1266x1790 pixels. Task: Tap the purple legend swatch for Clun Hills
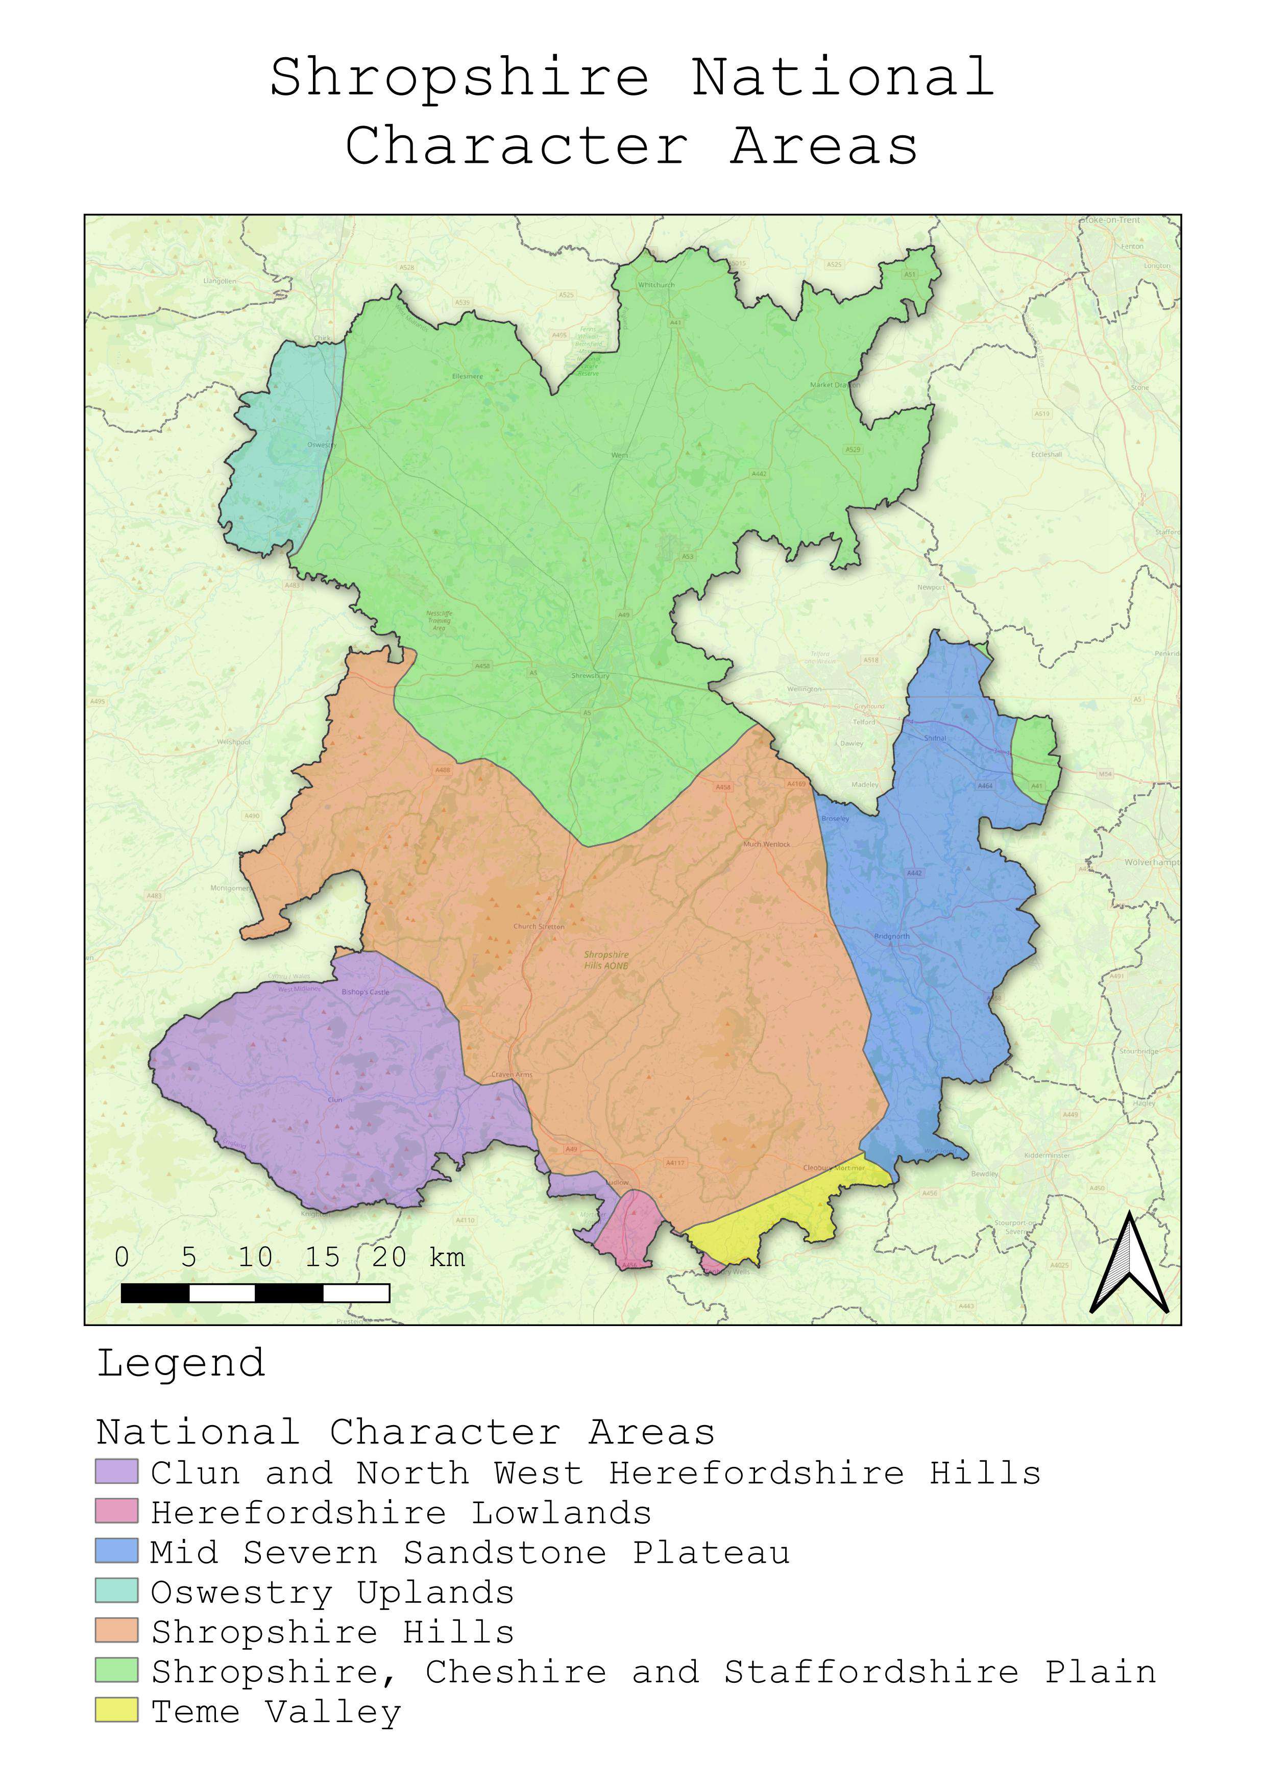(116, 1472)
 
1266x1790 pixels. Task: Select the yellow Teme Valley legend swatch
(116, 1710)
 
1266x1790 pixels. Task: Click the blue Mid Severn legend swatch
(116, 1552)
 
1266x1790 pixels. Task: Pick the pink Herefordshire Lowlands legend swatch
(116, 1512)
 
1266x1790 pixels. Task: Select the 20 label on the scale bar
(389, 1257)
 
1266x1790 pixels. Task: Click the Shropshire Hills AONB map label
(606, 960)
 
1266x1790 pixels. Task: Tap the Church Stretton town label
(539, 927)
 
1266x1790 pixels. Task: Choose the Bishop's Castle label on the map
(365, 992)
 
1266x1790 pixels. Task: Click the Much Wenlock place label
(766, 844)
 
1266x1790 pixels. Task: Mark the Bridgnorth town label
(892, 936)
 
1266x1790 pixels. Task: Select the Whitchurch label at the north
(656, 285)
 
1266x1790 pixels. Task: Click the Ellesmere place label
(468, 377)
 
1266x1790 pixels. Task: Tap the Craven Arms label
(512, 1074)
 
